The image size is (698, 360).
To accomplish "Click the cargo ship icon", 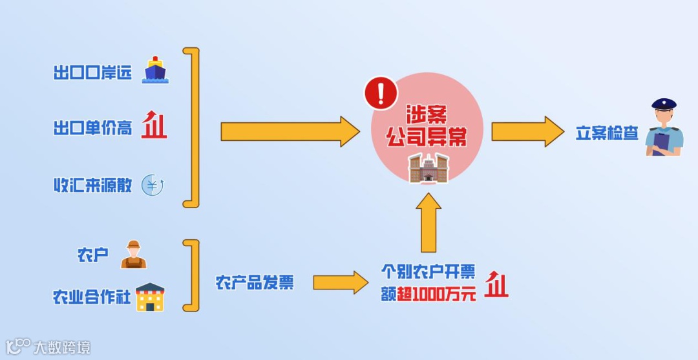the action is [x=155, y=70].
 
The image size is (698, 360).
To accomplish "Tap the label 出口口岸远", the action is [x=92, y=72].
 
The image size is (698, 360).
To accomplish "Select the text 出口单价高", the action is [x=92, y=128].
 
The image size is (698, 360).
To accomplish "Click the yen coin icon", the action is [x=153, y=185].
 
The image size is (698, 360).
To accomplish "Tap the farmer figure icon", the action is [x=134, y=255].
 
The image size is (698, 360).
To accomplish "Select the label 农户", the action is [x=92, y=255].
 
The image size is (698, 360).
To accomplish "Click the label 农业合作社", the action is [x=92, y=297].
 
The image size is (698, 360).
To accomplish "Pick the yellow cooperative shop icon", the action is [x=150, y=297].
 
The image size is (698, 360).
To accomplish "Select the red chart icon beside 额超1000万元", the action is [x=496, y=285].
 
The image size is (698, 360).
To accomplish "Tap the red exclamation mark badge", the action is [x=381, y=94].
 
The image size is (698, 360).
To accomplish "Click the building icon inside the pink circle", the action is [x=428, y=168].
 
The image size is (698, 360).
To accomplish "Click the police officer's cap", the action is [x=664, y=104].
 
